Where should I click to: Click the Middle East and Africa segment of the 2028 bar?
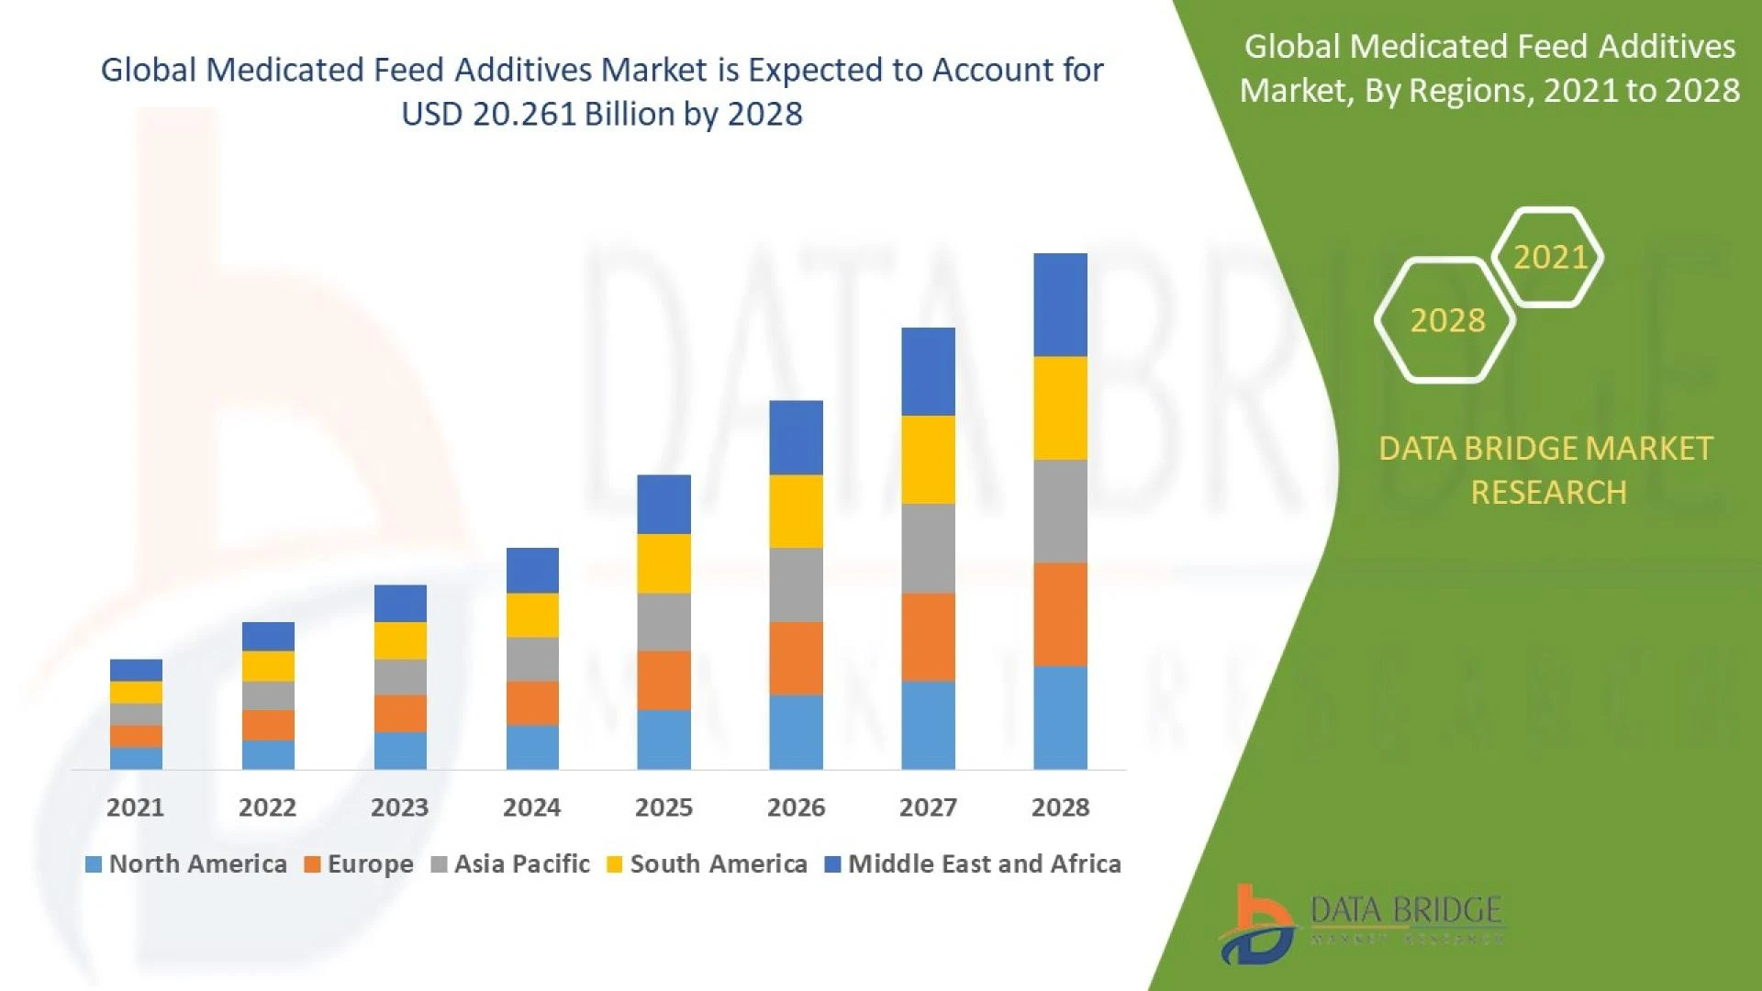[x=1060, y=305]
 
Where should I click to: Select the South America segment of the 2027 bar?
[x=928, y=460]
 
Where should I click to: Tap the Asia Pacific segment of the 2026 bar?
[x=796, y=585]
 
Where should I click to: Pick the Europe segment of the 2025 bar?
[x=664, y=680]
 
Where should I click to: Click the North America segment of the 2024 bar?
[x=532, y=747]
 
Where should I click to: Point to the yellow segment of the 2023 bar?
[x=400, y=640]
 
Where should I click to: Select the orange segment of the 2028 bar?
[x=1060, y=614]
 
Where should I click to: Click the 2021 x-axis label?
[x=135, y=807]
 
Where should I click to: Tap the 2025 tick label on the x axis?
[x=664, y=807]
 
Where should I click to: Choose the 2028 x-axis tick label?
[x=1060, y=807]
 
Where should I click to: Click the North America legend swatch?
[x=93, y=864]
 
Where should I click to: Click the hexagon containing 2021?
[x=1548, y=257]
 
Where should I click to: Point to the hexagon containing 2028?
[x=1446, y=320]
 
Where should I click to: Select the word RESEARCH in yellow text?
[x=1548, y=493]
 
